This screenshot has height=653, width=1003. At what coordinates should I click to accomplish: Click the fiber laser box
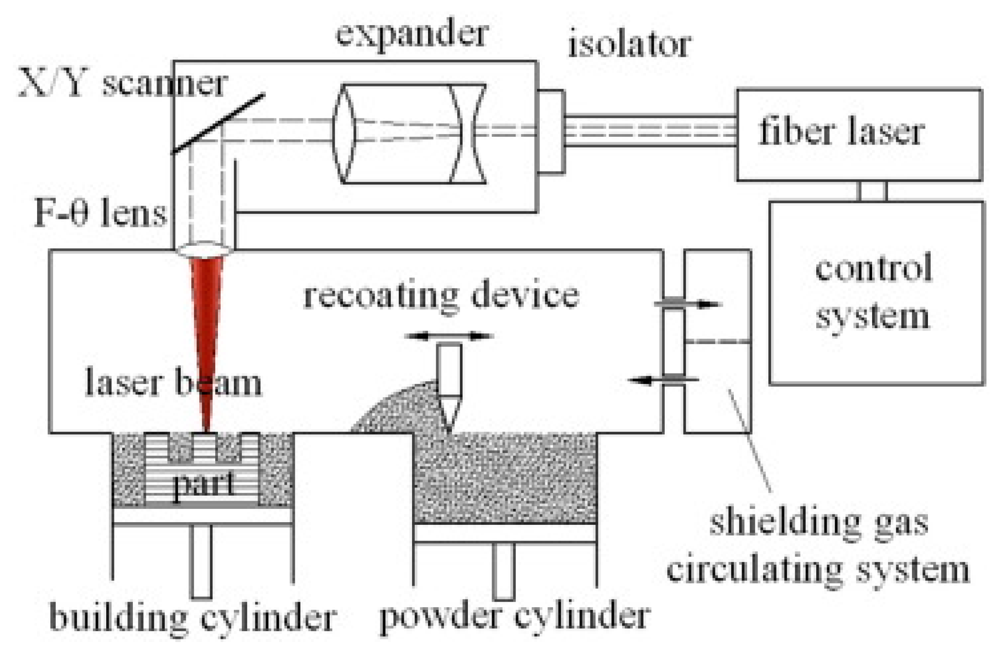[x=858, y=135]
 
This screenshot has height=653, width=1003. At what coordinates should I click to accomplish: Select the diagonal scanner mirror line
[x=218, y=124]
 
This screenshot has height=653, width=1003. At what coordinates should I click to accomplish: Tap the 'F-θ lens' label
[x=100, y=214]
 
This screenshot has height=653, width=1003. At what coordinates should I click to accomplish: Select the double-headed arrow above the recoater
[x=449, y=336]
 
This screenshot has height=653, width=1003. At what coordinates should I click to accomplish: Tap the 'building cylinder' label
[x=192, y=618]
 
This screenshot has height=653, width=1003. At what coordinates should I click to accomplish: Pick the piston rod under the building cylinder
[x=201, y=561]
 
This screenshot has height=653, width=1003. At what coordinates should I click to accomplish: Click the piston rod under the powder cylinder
[x=504, y=570]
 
